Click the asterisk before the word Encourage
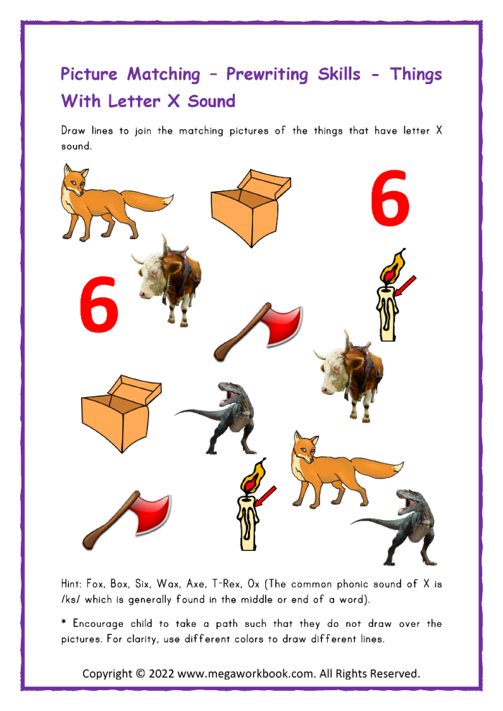[64, 623]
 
